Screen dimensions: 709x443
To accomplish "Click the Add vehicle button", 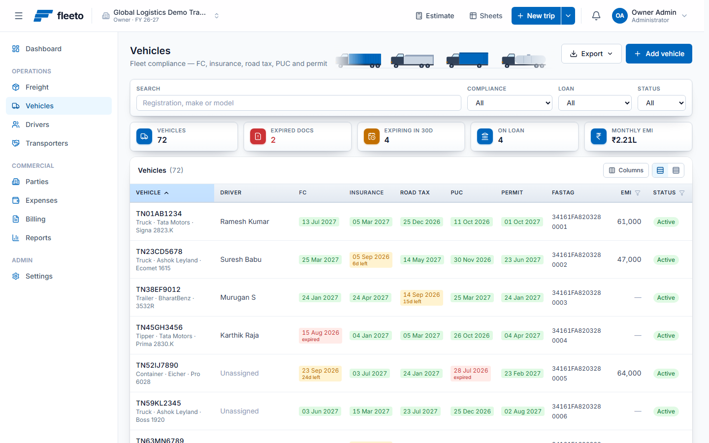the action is (659, 54).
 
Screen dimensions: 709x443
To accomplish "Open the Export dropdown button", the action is (591, 54).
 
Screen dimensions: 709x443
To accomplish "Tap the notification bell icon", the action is (596, 16).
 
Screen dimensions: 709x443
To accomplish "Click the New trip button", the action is (536, 16).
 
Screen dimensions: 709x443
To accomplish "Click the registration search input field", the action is (298, 103).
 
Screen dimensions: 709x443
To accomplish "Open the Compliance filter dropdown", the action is (510, 103).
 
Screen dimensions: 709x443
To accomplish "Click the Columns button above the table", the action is (626, 170).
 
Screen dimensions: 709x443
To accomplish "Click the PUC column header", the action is (456, 193).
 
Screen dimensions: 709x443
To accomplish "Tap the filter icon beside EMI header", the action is (638, 193).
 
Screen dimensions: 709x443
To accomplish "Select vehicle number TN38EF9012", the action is (158, 289).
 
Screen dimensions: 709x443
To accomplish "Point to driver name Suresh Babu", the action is (241, 259).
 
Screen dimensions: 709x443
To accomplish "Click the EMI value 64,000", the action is (629, 374).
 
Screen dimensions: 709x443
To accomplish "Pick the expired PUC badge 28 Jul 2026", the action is (471, 374).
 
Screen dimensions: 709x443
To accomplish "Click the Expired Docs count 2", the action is (273, 140).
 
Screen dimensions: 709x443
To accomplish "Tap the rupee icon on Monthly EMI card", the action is (599, 136).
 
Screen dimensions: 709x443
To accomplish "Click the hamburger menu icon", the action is (19, 16).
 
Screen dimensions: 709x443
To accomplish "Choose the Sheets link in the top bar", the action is (486, 16).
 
